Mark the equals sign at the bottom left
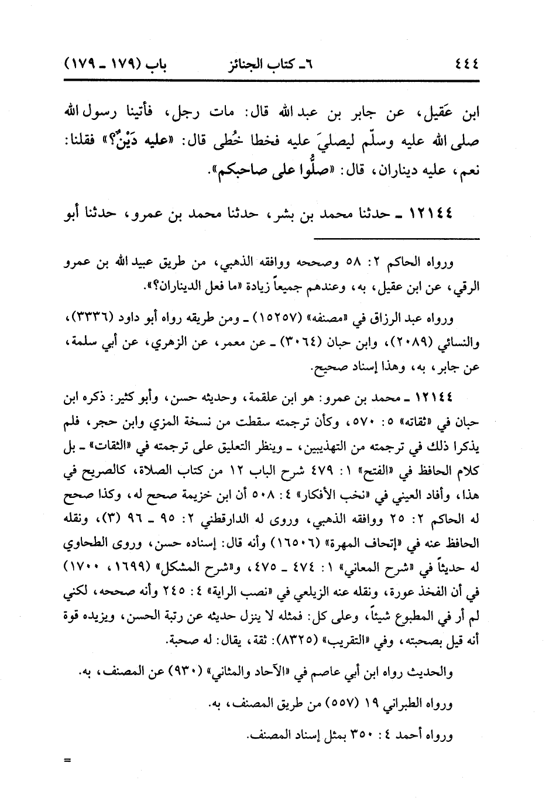coord(67,761)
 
